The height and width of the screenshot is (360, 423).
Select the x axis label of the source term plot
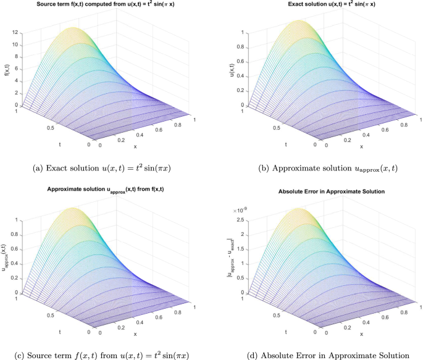click(x=134, y=146)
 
